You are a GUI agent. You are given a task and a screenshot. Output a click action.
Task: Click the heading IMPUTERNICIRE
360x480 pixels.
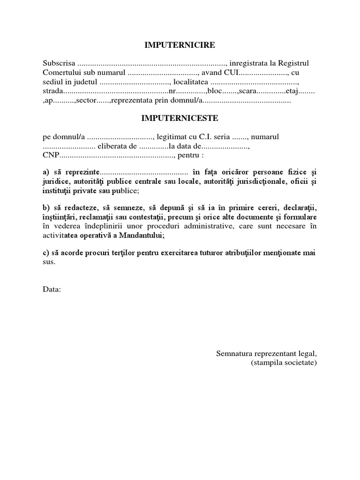click(180, 45)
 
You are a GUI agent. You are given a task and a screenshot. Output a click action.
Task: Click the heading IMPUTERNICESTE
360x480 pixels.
click(180, 119)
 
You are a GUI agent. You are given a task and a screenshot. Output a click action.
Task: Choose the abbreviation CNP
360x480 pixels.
click(51, 155)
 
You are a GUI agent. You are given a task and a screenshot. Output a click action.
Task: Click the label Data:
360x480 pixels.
click(52, 289)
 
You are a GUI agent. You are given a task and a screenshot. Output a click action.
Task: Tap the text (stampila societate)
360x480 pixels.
click(284, 363)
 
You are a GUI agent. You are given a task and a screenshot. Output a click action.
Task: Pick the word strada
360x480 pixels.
click(52, 91)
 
